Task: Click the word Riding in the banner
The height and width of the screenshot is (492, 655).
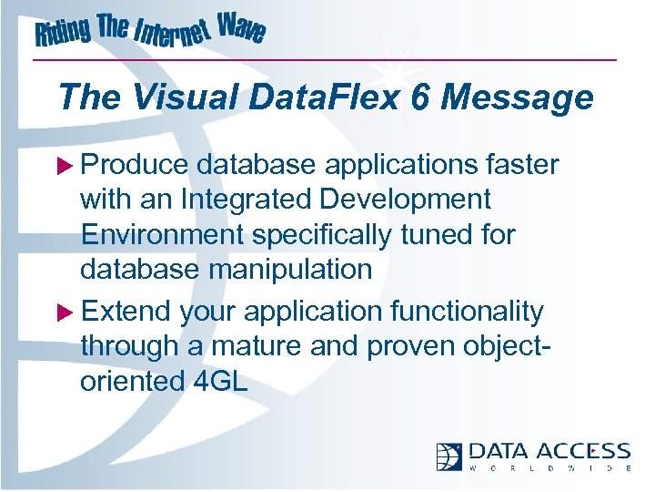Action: [x=64, y=34]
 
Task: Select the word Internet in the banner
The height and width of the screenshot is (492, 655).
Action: [x=174, y=36]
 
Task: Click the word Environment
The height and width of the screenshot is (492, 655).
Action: [x=162, y=234]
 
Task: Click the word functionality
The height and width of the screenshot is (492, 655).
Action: [x=467, y=313]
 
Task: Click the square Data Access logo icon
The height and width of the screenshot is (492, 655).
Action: [x=449, y=456]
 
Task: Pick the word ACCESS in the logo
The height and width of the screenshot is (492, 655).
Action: [x=583, y=452]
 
